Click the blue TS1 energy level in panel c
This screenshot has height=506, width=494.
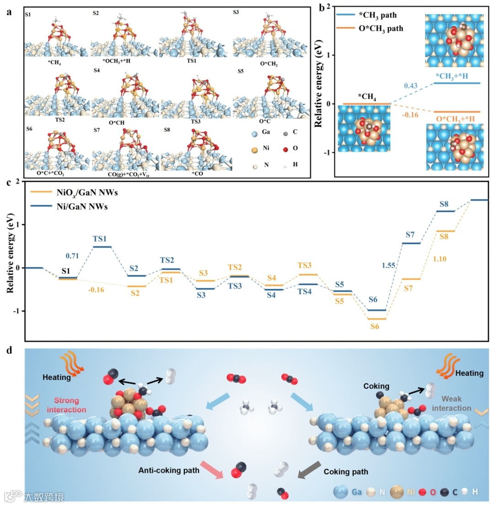click(x=102, y=247)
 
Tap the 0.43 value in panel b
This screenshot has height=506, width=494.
click(x=410, y=86)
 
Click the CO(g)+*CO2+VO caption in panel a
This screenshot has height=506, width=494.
click(x=126, y=174)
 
